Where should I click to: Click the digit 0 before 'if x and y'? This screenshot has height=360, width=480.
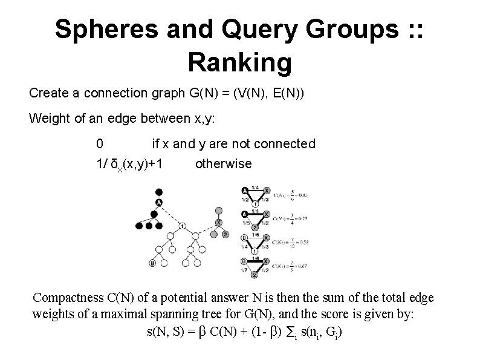coord(99,144)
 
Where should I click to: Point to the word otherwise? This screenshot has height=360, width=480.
coord(224,164)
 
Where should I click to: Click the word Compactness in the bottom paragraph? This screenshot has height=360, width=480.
coord(70,298)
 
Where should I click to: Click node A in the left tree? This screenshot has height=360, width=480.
coord(159,202)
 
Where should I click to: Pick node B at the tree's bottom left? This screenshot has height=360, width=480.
coord(152,263)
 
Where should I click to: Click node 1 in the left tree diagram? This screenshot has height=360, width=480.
coord(182,226)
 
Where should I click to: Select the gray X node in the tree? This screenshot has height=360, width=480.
coord(219,223)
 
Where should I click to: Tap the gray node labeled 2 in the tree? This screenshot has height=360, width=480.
coord(225,234)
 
